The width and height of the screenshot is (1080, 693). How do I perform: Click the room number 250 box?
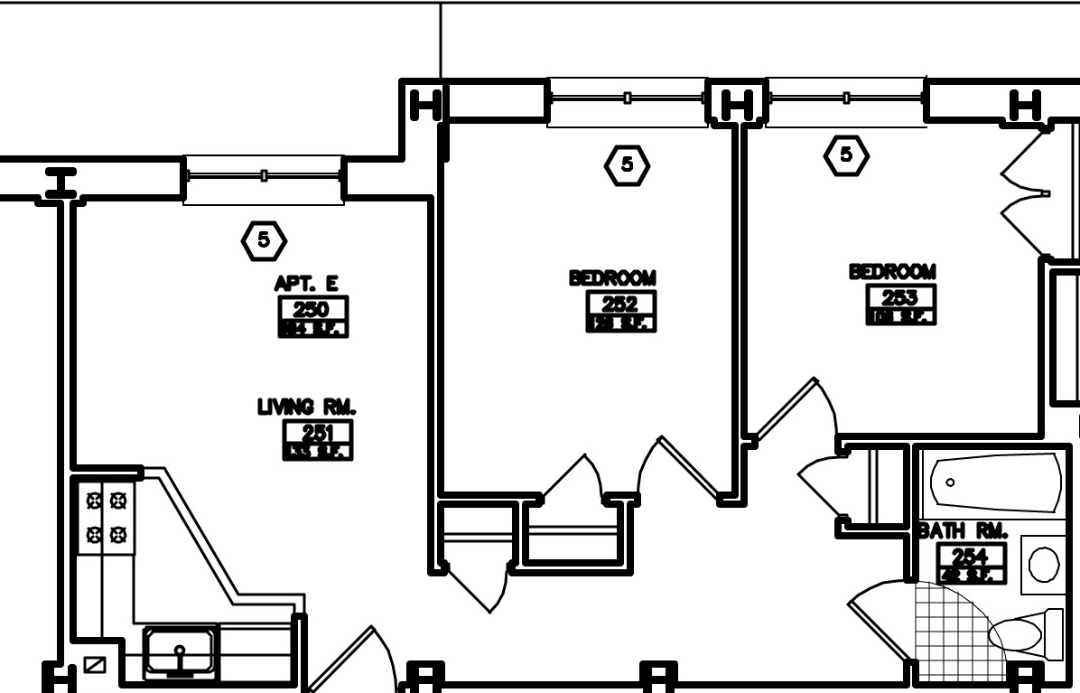312,309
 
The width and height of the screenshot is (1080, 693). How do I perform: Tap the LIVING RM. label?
307,407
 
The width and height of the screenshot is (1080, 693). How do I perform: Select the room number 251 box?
318,433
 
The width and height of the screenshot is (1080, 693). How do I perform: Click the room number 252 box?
620,304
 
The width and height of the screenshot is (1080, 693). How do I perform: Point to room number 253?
900,297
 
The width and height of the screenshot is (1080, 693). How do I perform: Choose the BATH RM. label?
963,531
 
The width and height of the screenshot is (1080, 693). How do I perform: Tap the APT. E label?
307,285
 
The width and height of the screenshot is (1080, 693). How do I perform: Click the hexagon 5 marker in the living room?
264,239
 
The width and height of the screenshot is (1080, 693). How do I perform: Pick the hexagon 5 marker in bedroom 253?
846,155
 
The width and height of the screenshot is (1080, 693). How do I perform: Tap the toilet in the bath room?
1026,634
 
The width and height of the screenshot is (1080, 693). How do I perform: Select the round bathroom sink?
1044,564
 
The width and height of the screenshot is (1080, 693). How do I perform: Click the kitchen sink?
181,651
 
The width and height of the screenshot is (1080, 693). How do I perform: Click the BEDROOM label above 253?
892,271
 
